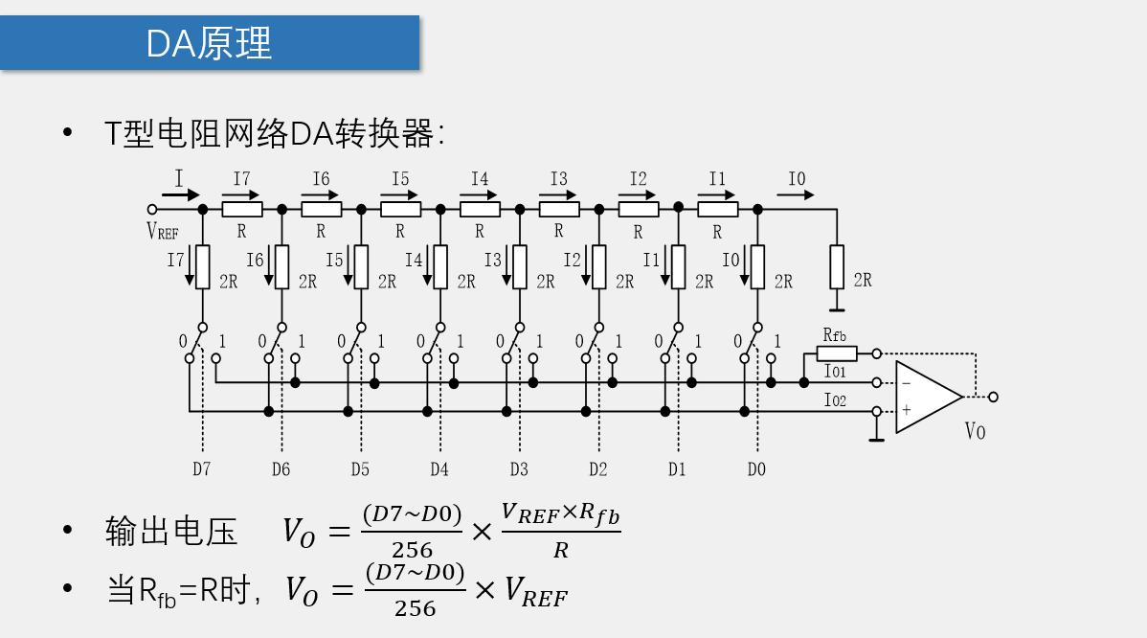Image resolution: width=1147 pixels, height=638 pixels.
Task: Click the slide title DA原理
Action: tap(209, 43)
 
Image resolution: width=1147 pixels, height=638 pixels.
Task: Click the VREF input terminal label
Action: tap(162, 230)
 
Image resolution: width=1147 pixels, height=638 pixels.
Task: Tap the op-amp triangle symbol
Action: tap(925, 397)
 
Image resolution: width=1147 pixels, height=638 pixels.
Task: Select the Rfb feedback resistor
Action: tap(837, 353)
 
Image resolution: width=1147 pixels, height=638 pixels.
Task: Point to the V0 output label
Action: tap(975, 432)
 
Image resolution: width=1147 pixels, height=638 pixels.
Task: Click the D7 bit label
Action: tap(201, 469)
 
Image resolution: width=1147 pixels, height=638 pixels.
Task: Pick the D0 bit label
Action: tap(756, 469)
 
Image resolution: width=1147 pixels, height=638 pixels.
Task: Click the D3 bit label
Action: tap(519, 469)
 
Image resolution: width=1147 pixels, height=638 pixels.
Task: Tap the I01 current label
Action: tap(835, 372)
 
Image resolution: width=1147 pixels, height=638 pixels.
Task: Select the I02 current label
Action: tap(835, 400)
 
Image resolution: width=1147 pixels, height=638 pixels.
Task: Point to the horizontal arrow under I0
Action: tap(796, 194)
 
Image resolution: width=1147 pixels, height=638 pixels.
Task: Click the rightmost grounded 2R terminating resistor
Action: tap(837, 266)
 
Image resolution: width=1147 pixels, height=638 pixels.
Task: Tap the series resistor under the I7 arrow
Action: tap(241, 209)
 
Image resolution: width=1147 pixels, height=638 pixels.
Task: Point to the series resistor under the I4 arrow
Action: tap(480, 209)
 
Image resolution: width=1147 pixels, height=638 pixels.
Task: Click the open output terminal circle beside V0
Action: tap(993, 397)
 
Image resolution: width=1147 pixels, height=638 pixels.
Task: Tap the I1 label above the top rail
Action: tap(717, 179)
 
